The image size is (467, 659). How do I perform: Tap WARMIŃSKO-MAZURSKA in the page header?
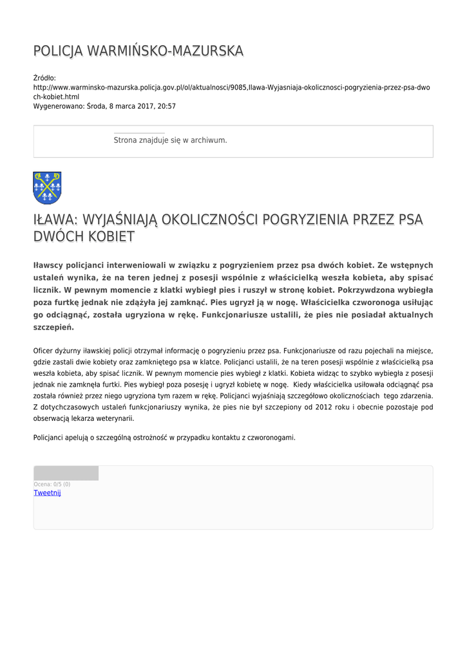(x=164, y=51)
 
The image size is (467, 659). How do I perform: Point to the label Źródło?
(x=45, y=77)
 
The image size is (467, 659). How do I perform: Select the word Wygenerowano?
(x=59, y=106)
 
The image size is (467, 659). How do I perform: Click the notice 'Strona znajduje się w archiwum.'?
(x=170, y=140)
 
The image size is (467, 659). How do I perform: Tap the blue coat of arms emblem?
(x=47, y=187)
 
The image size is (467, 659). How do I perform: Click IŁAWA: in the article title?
(x=56, y=219)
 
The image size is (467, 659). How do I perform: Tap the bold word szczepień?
(x=53, y=328)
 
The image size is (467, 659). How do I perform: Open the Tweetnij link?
(x=47, y=493)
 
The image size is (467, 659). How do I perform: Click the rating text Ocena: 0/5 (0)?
(x=52, y=484)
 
